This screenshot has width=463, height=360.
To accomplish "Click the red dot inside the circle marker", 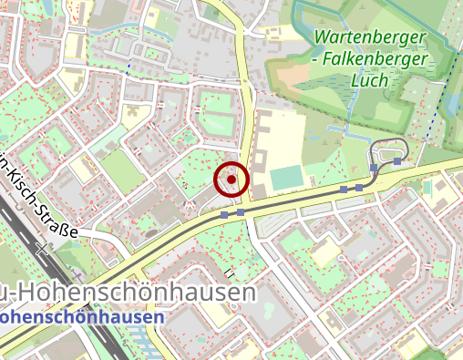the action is click(231, 180).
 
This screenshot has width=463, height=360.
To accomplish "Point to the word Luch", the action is click(369, 79).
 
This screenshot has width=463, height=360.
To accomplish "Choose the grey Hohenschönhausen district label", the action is click(137, 293).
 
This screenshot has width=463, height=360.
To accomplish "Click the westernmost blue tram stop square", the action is click(224, 214).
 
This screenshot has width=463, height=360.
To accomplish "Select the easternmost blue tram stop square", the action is click(398, 161).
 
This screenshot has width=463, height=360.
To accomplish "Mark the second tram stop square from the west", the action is click(241, 212).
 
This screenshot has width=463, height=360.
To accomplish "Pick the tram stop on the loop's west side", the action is click(374, 169).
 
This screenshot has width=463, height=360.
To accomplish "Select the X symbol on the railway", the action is click(41, 247).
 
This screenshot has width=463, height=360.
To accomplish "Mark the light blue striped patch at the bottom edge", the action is click(146, 351).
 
